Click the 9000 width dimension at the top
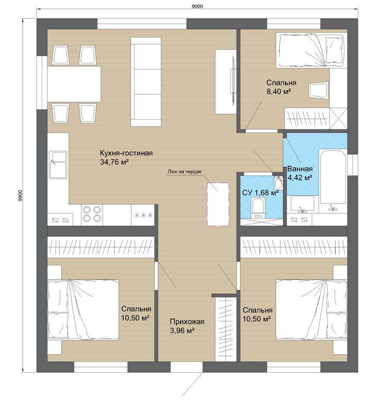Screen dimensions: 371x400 pyautogui.click(x=197, y=6)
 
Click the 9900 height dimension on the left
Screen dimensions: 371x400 pyautogui.click(x=21, y=195)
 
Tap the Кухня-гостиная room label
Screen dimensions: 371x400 pyautogui.click(x=126, y=153)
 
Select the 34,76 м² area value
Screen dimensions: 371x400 pyautogui.click(x=114, y=162)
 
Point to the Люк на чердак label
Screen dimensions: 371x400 pyautogui.click(x=184, y=172)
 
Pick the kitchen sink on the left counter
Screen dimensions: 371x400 pyautogui.click(x=59, y=165)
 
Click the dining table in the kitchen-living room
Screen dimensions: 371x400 pyautogui.click(x=74, y=84)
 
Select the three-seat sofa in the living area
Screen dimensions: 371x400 pyautogui.click(x=146, y=81)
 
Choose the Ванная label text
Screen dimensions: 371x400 pyautogui.click(x=300, y=169)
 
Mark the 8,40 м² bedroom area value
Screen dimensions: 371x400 pyautogui.click(x=279, y=92)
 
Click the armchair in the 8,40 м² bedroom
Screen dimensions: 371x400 pyautogui.click(x=318, y=90)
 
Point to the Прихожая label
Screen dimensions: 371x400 pyautogui.click(x=187, y=322)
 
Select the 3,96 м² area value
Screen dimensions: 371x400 pyautogui.click(x=182, y=330)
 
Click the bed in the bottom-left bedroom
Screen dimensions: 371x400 pyautogui.click(x=83, y=309)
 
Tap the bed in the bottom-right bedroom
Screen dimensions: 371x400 pyautogui.click(x=311, y=310)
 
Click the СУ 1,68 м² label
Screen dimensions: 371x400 pyautogui.click(x=260, y=193)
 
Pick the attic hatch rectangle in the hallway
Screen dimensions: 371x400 pyautogui.click(x=218, y=204)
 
